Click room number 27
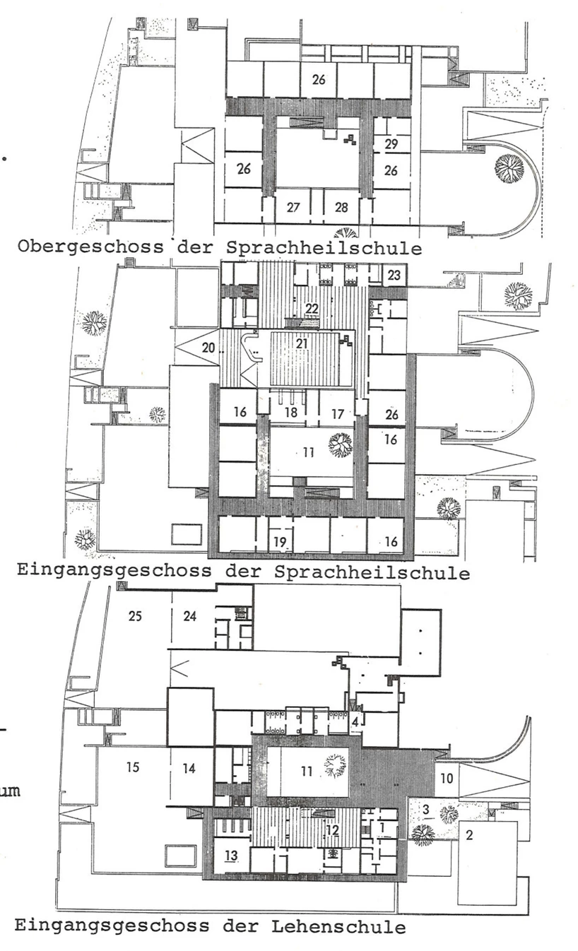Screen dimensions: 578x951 293,208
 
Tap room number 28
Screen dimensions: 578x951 341,208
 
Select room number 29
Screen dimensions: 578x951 391,144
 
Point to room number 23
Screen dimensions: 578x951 394,275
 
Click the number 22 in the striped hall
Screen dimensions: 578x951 312,308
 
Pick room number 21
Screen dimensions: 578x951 302,343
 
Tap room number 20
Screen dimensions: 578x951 208,348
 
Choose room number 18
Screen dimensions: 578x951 291,412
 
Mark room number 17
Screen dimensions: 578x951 337,413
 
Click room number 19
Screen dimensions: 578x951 279,542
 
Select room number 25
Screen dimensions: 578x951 135,616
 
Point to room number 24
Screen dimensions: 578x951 189,616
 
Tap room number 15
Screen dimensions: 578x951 133,767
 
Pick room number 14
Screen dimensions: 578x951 189,768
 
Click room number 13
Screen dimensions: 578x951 231,856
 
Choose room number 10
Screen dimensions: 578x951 447,778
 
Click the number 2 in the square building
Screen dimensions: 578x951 469,835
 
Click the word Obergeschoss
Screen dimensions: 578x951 90,247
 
